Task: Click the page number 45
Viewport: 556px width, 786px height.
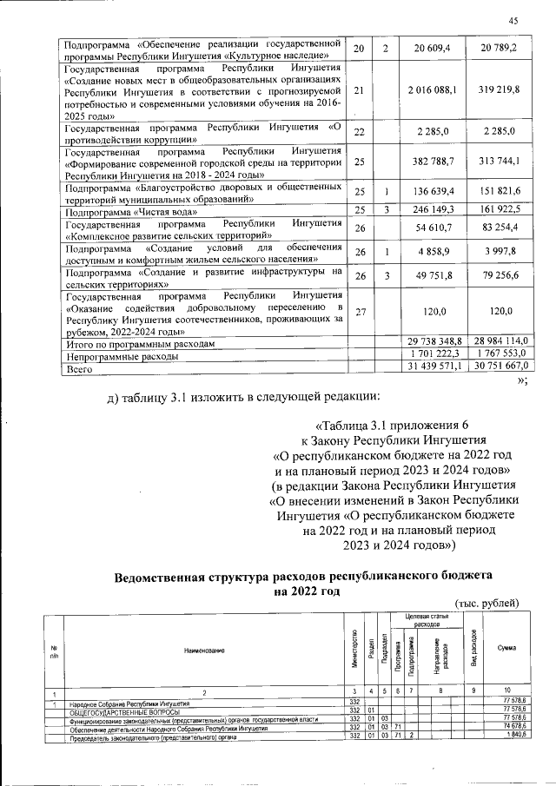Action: [513, 22]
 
